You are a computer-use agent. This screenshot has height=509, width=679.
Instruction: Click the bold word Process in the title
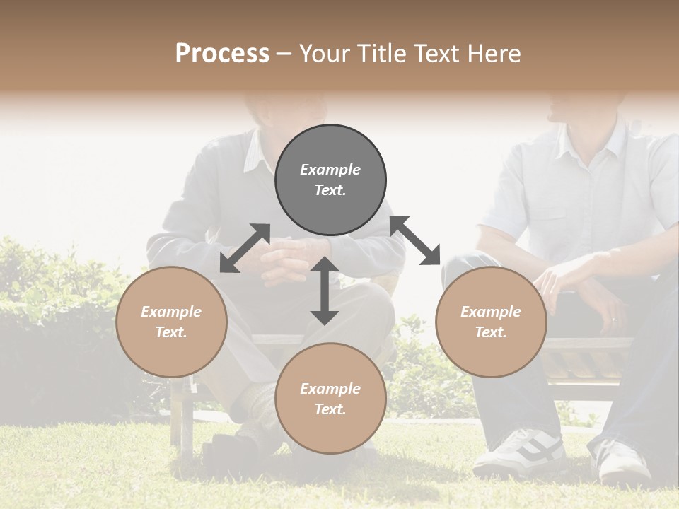(222, 54)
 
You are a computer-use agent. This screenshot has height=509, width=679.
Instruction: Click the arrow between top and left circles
(245, 248)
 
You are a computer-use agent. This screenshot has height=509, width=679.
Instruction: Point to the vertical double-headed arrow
(325, 291)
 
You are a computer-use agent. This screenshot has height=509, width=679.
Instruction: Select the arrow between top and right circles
(415, 240)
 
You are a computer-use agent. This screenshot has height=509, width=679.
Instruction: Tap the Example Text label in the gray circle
(330, 180)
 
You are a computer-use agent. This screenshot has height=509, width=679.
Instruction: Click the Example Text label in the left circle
(171, 322)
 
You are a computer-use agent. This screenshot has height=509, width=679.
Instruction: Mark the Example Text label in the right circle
(491, 322)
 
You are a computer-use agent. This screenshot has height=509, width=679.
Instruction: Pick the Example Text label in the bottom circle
(330, 399)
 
